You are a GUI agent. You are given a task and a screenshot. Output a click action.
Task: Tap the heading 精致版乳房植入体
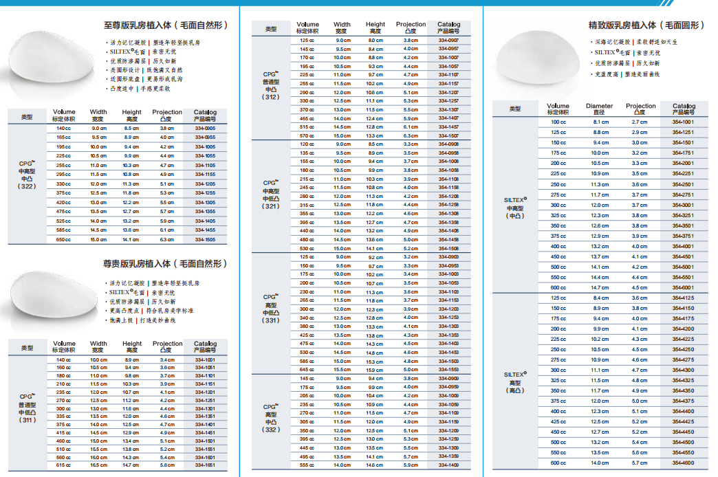click(646, 25)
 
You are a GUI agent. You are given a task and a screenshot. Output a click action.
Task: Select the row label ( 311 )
click(27, 419)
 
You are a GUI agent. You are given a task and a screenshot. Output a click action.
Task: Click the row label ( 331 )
click(271, 320)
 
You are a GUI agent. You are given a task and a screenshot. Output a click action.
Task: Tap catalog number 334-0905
click(205, 129)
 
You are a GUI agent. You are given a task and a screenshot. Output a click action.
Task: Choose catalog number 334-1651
click(205, 465)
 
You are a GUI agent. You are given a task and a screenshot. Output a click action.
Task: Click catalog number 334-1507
click(448, 136)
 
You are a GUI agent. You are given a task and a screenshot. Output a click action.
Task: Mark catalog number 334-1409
click(448, 465)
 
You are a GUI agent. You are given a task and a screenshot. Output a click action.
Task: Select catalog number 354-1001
click(684, 122)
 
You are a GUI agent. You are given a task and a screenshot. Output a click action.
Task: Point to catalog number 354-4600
click(684, 463)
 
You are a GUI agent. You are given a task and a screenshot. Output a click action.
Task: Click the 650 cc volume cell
click(64, 240)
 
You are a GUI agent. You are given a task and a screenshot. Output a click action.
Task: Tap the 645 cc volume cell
click(306, 370)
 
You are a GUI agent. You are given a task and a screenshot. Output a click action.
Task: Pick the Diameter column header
click(599, 109)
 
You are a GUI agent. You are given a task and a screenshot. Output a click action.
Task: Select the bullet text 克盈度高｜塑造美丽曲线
click(627, 74)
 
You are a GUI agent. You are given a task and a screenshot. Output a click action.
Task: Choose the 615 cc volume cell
click(64, 465)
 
